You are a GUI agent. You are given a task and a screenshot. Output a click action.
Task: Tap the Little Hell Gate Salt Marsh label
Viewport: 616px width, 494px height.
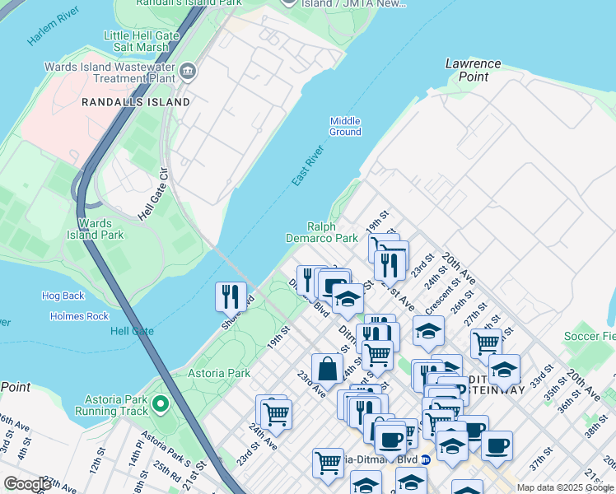click(x=147, y=43)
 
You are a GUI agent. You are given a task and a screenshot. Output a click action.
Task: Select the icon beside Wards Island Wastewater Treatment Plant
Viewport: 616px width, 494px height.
click(x=189, y=72)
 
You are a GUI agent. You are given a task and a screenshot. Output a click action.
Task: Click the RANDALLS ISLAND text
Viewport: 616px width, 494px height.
click(x=136, y=102)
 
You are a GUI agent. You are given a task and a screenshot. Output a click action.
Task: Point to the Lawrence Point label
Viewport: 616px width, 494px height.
click(x=473, y=70)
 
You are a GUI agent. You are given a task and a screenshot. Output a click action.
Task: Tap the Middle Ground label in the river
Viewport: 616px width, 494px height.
click(x=345, y=126)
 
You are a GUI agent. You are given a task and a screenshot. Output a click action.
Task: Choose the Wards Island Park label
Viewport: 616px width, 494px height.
click(x=100, y=229)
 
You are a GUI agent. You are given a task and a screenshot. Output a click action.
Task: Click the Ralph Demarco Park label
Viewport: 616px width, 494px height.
click(x=333, y=232)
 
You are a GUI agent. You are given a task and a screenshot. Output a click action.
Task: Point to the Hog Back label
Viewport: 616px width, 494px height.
click(x=63, y=296)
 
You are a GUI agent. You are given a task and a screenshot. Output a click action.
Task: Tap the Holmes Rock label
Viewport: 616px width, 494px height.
click(x=79, y=316)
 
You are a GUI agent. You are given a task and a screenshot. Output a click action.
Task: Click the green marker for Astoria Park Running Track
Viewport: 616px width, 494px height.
click(x=161, y=403)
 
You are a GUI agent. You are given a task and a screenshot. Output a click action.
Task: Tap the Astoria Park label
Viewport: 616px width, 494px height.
click(x=218, y=373)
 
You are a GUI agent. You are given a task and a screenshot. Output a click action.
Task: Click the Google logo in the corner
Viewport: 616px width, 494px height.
click(x=26, y=484)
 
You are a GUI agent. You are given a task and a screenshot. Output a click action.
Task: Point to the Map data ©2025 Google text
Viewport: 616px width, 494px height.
click(x=564, y=487)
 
